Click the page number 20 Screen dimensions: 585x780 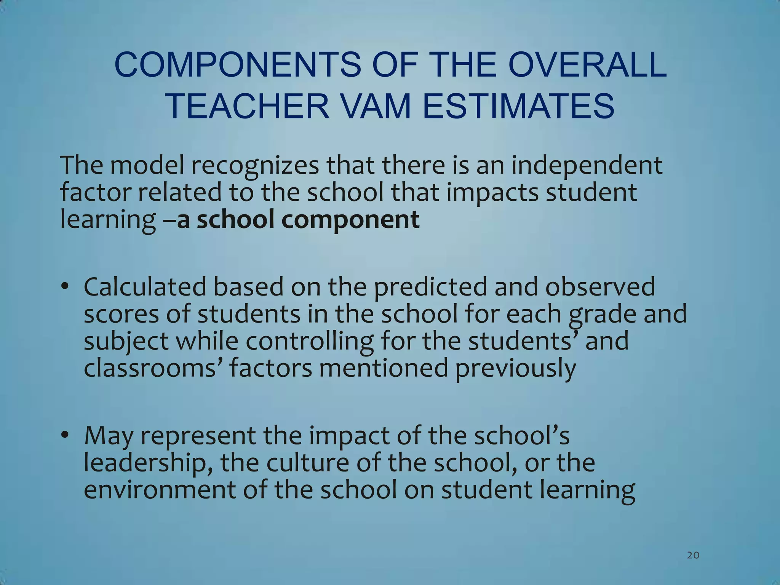(x=693, y=555)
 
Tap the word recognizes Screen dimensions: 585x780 (x=255, y=165)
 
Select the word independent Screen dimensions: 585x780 (x=587, y=165)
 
